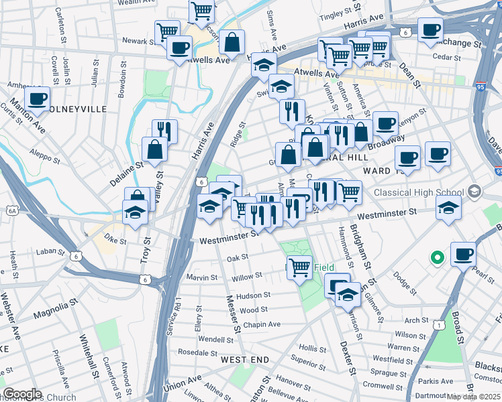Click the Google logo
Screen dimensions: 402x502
[x=22, y=394]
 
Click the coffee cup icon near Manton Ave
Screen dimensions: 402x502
[x=37, y=98]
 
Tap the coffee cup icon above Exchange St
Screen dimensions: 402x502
[x=430, y=29]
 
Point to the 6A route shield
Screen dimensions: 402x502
[x=11, y=210]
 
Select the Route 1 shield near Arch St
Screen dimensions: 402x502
[x=438, y=325]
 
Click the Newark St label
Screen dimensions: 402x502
[x=140, y=41]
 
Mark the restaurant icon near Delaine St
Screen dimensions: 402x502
[x=164, y=131]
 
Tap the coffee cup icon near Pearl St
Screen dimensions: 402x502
[x=463, y=255]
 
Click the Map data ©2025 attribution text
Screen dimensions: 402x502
[x=474, y=397]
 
